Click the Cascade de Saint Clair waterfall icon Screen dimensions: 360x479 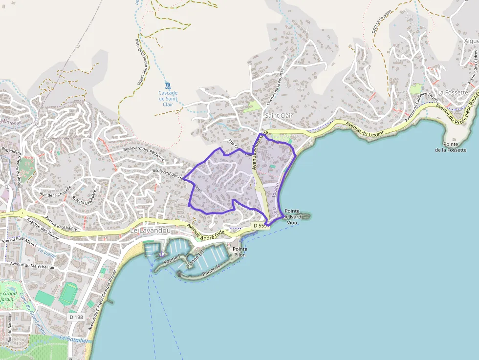click(168, 85)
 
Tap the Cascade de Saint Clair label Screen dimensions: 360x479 click(168, 98)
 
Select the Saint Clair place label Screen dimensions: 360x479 click(279, 116)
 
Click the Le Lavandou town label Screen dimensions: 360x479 click(151, 230)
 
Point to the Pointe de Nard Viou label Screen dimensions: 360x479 click(292, 216)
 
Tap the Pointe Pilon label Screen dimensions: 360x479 click(239, 252)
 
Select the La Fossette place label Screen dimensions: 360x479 click(453, 92)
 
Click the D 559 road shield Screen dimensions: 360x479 click(261, 226)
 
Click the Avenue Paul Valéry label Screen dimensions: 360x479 click(62, 224)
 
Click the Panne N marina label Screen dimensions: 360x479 click(211, 270)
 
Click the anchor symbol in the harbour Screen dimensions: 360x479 click(161, 253)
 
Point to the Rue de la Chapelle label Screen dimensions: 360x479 click(55, 190)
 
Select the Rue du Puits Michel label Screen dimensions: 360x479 click(19, 240)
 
